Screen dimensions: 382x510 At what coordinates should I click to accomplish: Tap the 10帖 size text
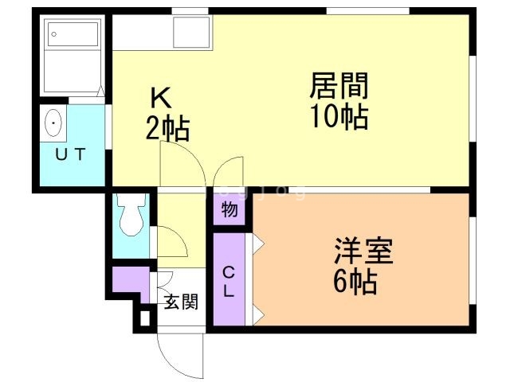click(x=339, y=117)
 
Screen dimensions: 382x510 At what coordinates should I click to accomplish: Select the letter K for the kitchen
click(x=162, y=98)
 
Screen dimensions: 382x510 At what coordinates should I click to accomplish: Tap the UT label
click(x=69, y=155)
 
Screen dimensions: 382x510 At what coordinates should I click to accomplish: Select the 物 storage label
click(x=229, y=211)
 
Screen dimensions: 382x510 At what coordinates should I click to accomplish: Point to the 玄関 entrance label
click(x=181, y=302)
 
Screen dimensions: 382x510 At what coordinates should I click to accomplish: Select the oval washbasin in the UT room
click(x=53, y=123)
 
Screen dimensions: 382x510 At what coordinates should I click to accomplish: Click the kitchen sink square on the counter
click(x=191, y=32)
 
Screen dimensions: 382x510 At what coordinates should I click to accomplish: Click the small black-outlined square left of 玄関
click(x=144, y=318)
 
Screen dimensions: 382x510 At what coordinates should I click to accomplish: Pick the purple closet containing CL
click(x=229, y=279)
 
